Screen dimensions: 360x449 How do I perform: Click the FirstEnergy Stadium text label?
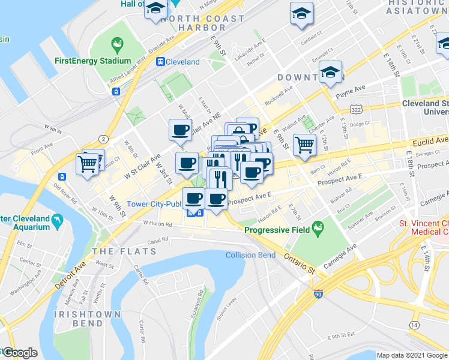tap(92, 61)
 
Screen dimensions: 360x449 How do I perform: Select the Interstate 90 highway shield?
tap(318, 294)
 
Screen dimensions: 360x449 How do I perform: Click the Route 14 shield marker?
tap(414, 325)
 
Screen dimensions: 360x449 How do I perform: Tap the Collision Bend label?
tap(250, 255)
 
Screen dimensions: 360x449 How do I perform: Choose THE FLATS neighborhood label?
tap(117, 250)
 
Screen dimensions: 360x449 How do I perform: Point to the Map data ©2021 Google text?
tap(411, 355)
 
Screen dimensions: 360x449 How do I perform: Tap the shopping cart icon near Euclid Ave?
tap(305, 144)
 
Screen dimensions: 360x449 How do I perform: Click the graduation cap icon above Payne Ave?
tap(330, 72)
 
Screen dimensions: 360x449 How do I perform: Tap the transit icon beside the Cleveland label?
tap(161, 62)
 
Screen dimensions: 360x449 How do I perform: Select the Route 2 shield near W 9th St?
tap(104, 138)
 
